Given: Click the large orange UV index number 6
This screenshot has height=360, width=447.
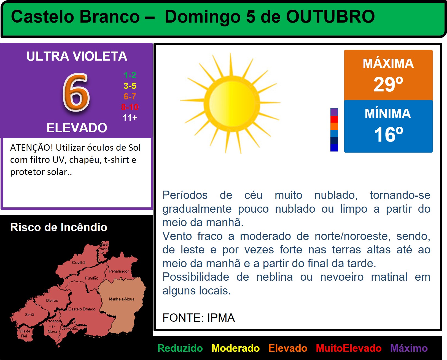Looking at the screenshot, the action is [76, 92].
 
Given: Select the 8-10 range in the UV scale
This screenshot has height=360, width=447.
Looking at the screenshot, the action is [130, 107].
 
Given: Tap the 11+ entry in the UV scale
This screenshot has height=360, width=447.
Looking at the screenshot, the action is [130, 118].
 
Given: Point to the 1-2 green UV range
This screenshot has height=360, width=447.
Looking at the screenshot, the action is [130, 75].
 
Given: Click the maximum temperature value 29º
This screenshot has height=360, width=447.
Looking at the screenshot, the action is [388, 84].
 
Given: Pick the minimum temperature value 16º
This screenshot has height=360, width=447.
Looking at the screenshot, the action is [388, 134].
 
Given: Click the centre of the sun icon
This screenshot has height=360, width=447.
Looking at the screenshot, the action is [232, 103].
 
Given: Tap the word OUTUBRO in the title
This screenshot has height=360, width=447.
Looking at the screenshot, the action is [330, 17].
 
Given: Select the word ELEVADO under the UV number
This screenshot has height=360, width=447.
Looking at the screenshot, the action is [77, 128].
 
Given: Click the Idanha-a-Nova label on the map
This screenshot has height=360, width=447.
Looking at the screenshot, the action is [122, 299].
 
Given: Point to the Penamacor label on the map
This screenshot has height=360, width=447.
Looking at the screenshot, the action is [119, 271].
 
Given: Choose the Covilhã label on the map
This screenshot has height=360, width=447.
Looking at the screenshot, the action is [79, 262].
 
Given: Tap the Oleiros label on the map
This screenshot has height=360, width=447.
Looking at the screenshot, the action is [52, 301].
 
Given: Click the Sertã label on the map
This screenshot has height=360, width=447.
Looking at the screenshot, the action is [29, 315].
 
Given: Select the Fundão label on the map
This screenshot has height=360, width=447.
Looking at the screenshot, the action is [91, 278].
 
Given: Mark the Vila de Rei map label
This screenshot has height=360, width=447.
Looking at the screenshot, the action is [25, 334].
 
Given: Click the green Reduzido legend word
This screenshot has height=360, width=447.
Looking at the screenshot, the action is [180, 348].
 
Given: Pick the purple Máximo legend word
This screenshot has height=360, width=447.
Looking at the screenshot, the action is [409, 348].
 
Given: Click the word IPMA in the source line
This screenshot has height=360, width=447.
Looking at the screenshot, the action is [221, 318].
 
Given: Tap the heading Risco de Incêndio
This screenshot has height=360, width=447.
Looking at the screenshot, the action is [59, 227].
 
